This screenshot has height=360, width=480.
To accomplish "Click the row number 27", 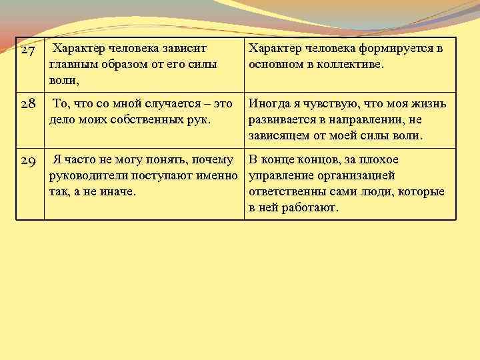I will [28, 51].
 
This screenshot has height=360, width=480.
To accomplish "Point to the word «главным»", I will [71, 65].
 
